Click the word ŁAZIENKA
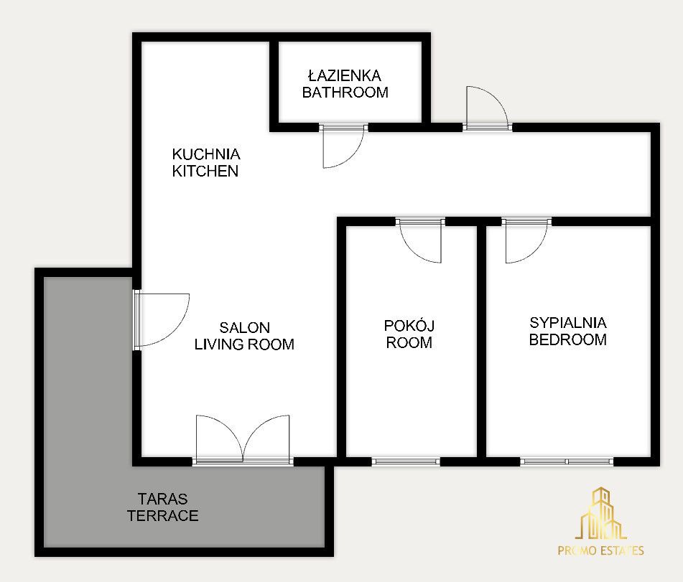(x=345, y=76)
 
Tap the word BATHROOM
(x=345, y=93)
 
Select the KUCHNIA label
(x=206, y=154)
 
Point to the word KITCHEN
(x=205, y=171)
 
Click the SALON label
(x=244, y=327)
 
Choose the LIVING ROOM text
(x=244, y=344)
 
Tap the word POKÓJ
(x=409, y=326)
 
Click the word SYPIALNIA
(x=568, y=322)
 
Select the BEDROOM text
(x=568, y=339)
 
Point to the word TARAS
(x=162, y=499)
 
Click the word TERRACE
(x=163, y=515)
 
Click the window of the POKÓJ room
(x=406, y=461)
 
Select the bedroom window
(x=567, y=461)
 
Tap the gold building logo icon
(x=600, y=514)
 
